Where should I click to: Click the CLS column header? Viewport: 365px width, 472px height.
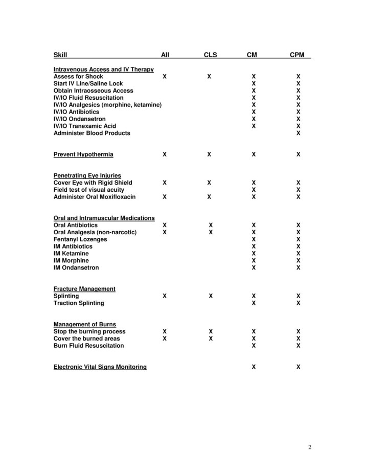tap(210, 55)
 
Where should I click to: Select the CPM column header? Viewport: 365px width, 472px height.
tap(297, 55)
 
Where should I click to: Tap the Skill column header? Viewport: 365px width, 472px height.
tap(60, 55)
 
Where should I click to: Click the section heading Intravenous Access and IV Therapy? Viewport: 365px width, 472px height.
tap(104, 70)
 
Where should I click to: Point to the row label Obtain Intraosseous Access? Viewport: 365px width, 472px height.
tap(93, 91)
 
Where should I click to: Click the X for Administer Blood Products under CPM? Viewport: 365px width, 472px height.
tap(299, 133)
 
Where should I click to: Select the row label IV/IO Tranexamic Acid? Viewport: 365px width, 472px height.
tap(85, 126)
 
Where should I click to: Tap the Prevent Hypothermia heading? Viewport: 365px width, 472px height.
tap(83, 154)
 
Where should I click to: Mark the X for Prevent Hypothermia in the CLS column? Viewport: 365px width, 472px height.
tap(209, 154)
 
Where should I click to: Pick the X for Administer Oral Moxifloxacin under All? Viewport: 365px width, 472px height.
tap(164, 197)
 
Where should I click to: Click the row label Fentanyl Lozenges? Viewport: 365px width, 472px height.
tap(80, 239)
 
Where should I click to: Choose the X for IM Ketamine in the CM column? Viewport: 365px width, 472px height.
tap(254, 254)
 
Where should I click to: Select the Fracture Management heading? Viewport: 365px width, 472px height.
tap(84, 289)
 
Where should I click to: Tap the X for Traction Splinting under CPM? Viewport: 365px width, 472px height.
tap(299, 303)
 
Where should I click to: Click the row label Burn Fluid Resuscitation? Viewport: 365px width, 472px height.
tap(88, 346)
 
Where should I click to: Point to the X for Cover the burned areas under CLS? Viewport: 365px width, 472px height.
tap(211, 339)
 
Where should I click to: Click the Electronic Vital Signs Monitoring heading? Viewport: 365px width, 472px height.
tap(100, 367)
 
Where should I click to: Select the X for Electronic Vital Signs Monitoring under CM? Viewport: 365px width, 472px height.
tap(254, 367)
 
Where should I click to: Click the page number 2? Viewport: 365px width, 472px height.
tap(310, 448)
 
